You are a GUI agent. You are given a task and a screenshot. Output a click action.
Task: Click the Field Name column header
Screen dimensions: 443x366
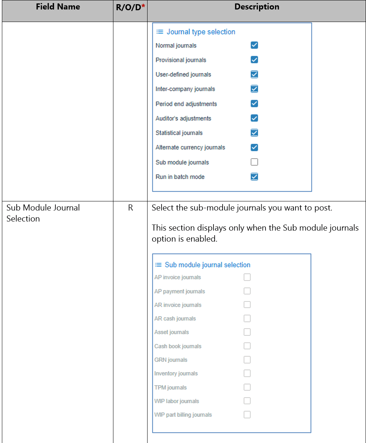pos(58,7)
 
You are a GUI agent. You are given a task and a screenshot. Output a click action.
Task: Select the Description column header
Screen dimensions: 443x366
pos(257,7)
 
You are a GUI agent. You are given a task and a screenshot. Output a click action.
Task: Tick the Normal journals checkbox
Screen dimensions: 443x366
pos(254,45)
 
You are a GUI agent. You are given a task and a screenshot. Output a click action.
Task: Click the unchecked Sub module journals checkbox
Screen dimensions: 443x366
pos(254,162)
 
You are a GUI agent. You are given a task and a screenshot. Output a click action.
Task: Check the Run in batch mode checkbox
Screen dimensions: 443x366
pos(254,176)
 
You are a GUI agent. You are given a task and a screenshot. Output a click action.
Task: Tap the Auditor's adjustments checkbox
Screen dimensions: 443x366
pos(254,118)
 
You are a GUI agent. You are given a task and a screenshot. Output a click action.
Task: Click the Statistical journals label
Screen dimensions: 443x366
pos(179,133)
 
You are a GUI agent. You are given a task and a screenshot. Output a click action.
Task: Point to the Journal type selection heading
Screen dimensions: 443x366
pos(201,32)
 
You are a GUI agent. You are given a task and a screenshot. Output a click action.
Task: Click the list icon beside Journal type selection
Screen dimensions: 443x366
pos(160,32)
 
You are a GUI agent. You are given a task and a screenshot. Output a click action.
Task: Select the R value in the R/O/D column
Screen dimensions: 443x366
pos(130,208)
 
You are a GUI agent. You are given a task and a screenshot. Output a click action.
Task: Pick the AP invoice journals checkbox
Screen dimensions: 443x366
pos(247,277)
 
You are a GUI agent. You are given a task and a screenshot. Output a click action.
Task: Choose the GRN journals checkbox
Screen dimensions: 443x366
pos(247,360)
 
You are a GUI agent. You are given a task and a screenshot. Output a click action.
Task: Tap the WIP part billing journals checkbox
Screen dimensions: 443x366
pos(247,415)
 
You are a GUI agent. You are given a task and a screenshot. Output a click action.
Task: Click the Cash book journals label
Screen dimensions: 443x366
pos(178,346)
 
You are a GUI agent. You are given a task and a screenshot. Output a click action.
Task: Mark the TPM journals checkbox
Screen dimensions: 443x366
pos(247,387)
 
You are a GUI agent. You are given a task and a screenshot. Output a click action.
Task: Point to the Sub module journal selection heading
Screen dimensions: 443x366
pos(207,265)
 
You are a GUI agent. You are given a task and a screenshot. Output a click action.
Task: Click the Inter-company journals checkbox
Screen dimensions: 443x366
pos(254,89)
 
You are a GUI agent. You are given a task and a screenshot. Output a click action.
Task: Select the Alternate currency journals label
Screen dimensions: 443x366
pos(190,147)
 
